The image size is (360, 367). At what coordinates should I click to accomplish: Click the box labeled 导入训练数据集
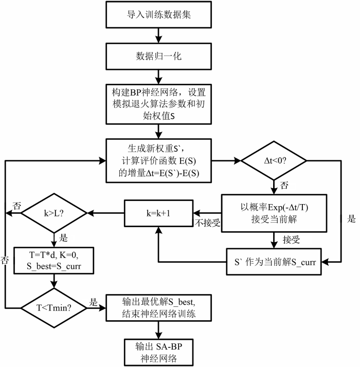(x=158, y=15)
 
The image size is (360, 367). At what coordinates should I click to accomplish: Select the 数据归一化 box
(x=158, y=57)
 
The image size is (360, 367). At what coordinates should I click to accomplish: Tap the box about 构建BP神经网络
(x=158, y=104)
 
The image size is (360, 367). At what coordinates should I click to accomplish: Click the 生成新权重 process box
(x=158, y=161)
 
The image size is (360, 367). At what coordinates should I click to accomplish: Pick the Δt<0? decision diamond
(x=274, y=161)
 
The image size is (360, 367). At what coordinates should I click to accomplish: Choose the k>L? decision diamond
(x=54, y=213)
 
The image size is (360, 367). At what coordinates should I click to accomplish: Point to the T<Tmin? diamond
(x=54, y=308)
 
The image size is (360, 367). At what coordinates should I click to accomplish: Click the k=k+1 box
(x=158, y=213)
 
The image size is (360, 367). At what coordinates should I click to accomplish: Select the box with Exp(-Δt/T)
(x=274, y=213)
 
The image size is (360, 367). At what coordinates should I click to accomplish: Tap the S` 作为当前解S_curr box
(x=274, y=262)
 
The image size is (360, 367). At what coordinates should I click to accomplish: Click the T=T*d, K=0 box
(x=54, y=261)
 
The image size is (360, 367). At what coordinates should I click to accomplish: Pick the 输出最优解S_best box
(x=158, y=308)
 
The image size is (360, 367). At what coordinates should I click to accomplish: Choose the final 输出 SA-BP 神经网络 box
(x=158, y=352)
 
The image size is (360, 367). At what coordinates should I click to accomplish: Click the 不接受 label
(x=208, y=223)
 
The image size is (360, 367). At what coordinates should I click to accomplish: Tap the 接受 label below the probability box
(x=291, y=240)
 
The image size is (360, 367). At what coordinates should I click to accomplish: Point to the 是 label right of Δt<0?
(x=351, y=219)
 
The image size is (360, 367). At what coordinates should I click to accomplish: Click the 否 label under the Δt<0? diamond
(x=284, y=186)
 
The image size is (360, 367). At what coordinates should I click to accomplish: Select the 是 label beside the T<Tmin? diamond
(x=93, y=302)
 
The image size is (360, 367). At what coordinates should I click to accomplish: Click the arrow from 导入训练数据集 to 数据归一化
(x=158, y=35)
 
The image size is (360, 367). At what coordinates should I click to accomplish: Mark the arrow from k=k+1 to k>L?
(x=105, y=213)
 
